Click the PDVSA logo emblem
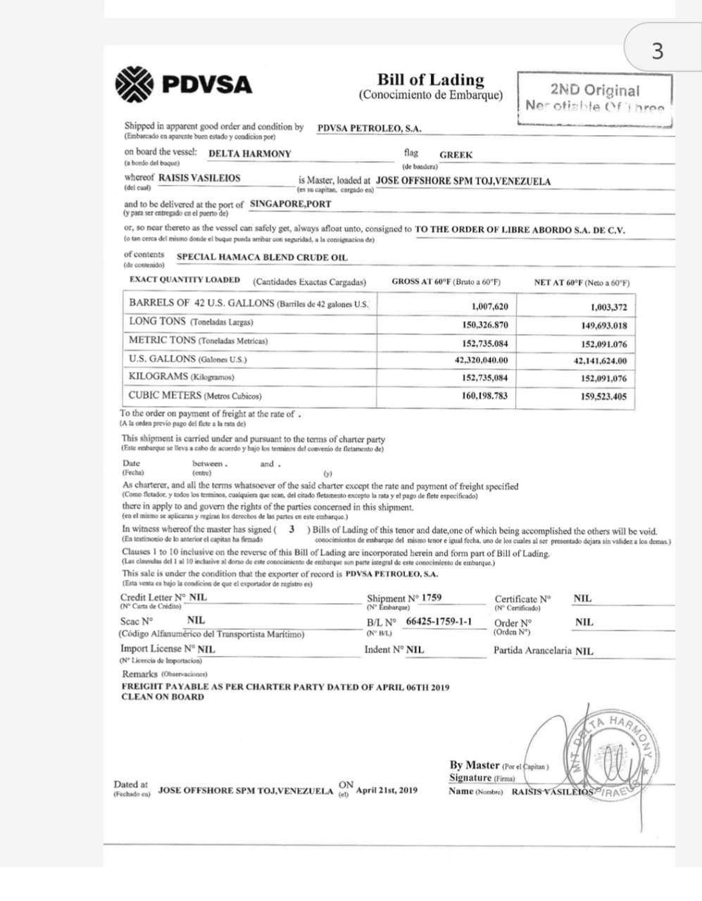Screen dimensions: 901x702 click(134, 84)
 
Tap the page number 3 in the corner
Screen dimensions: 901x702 click(657, 51)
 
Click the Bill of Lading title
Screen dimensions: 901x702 click(431, 80)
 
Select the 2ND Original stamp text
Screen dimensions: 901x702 click(595, 90)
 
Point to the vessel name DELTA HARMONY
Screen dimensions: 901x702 click(250, 153)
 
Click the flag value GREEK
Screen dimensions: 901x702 click(456, 155)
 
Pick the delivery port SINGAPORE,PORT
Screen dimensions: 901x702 click(290, 204)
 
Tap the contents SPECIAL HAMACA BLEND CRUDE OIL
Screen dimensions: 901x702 click(262, 257)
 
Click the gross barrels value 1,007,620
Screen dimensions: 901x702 click(489, 306)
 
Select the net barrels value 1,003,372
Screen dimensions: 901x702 click(608, 307)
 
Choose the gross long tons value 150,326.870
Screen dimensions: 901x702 click(484, 325)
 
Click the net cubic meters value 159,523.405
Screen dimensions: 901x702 click(603, 396)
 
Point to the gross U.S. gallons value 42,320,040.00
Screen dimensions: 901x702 click(481, 360)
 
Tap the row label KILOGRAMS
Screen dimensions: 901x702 click(158, 377)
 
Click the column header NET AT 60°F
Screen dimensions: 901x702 click(582, 282)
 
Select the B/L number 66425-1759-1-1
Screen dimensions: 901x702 click(439, 622)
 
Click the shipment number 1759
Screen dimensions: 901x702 click(432, 598)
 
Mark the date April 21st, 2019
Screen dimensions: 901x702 click(387, 790)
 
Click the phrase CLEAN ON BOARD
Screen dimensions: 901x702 click(163, 697)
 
